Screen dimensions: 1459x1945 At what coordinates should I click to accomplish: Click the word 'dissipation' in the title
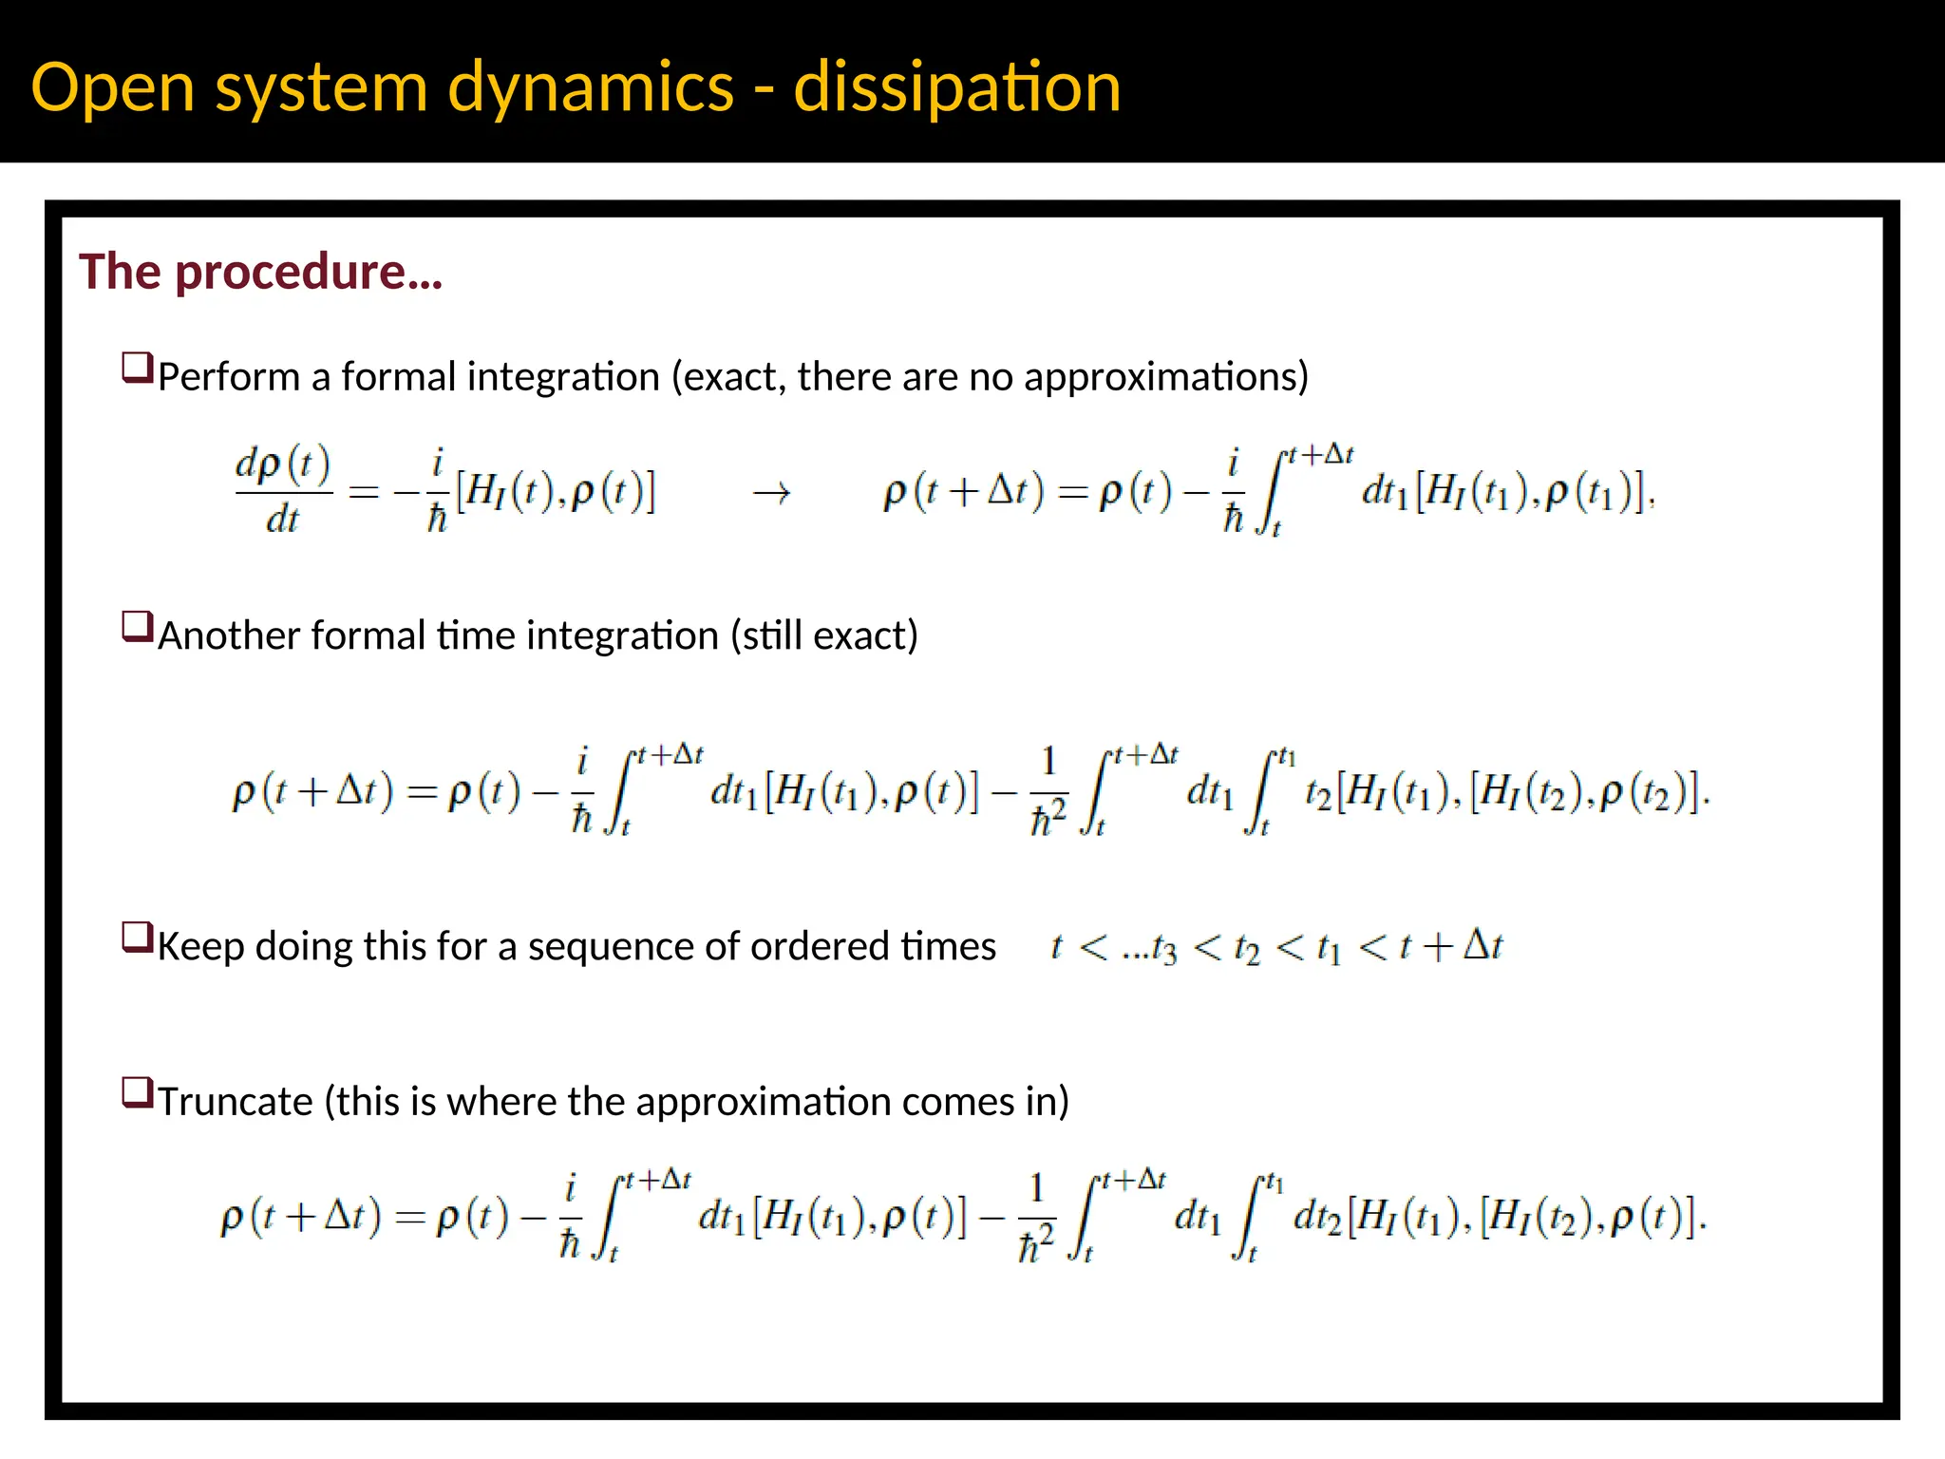coord(956,87)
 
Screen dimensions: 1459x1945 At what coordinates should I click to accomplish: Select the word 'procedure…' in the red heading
coord(309,273)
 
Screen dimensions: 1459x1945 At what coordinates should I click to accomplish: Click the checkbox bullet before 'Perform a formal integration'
coord(138,368)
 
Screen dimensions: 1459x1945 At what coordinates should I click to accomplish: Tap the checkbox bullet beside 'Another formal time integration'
coord(138,627)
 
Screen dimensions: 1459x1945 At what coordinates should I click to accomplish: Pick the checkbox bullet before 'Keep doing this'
coord(138,938)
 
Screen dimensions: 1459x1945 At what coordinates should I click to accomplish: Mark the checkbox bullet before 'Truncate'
coord(138,1092)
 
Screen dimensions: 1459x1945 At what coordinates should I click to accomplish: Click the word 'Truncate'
coord(236,1102)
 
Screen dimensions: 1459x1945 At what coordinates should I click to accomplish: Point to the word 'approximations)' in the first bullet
coord(1166,378)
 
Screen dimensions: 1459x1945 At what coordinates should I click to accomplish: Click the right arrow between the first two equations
coord(771,493)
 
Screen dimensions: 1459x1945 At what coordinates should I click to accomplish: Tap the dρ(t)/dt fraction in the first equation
coord(283,491)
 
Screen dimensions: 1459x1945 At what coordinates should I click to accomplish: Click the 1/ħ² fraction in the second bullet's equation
coord(1048,793)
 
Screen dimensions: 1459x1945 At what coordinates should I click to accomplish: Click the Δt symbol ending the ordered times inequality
coord(1482,946)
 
